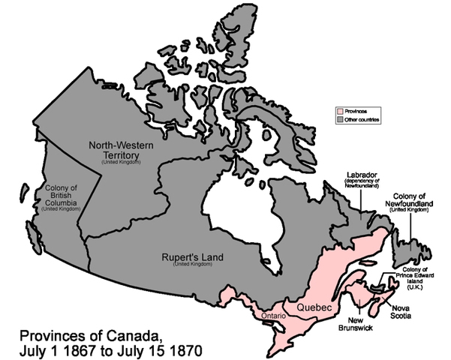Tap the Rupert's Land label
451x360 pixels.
point(192,257)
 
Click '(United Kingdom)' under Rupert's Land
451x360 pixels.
point(192,265)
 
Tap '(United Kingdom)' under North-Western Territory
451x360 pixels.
point(121,163)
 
